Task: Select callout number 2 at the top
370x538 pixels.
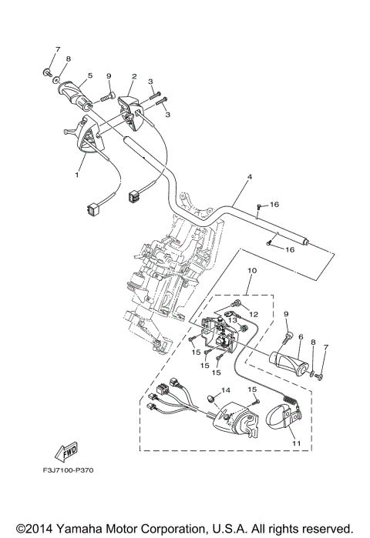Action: [134, 77]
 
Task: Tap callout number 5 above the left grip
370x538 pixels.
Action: [90, 75]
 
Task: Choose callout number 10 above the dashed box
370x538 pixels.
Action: [251, 293]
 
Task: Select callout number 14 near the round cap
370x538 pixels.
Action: [225, 392]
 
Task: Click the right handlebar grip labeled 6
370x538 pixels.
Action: [291, 359]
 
